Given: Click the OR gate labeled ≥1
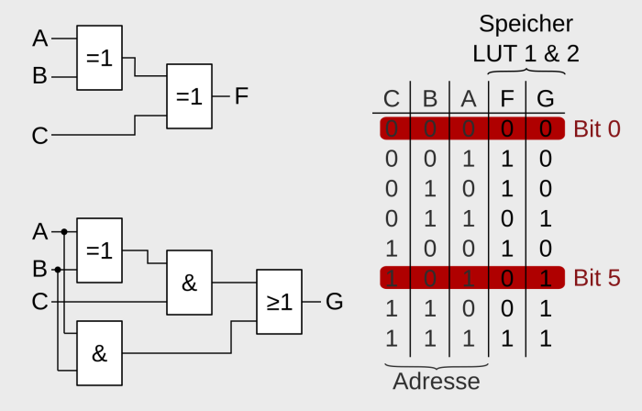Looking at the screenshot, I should click(x=279, y=300).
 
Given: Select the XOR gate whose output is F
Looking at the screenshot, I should click(x=189, y=95).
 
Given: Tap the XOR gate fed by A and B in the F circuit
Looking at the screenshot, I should click(x=99, y=56).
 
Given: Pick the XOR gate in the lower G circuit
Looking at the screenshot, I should click(x=99, y=249).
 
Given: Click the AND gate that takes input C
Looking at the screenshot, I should click(x=189, y=283).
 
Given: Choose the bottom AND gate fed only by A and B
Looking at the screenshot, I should click(x=99, y=353).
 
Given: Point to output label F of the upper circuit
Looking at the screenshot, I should click(x=241, y=95).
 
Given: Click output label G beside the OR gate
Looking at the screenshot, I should click(x=335, y=300).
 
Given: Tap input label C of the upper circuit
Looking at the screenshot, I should click(x=39, y=137).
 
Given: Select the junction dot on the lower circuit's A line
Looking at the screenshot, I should click(x=64, y=232).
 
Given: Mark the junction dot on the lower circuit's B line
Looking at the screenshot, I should click(x=57, y=270).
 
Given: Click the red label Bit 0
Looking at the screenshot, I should click(x=597, y=128).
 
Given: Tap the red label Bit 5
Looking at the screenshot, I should click(x=597, y=278).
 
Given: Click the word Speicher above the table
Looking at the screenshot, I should click(x=526, y=22).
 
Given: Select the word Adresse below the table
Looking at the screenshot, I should click(x=436, y=380).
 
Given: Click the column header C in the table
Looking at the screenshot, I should click(x=392, y=98).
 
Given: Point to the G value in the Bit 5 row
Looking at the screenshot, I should click(x=546, y=278).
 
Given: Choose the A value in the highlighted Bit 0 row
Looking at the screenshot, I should click(x=468, y=128).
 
